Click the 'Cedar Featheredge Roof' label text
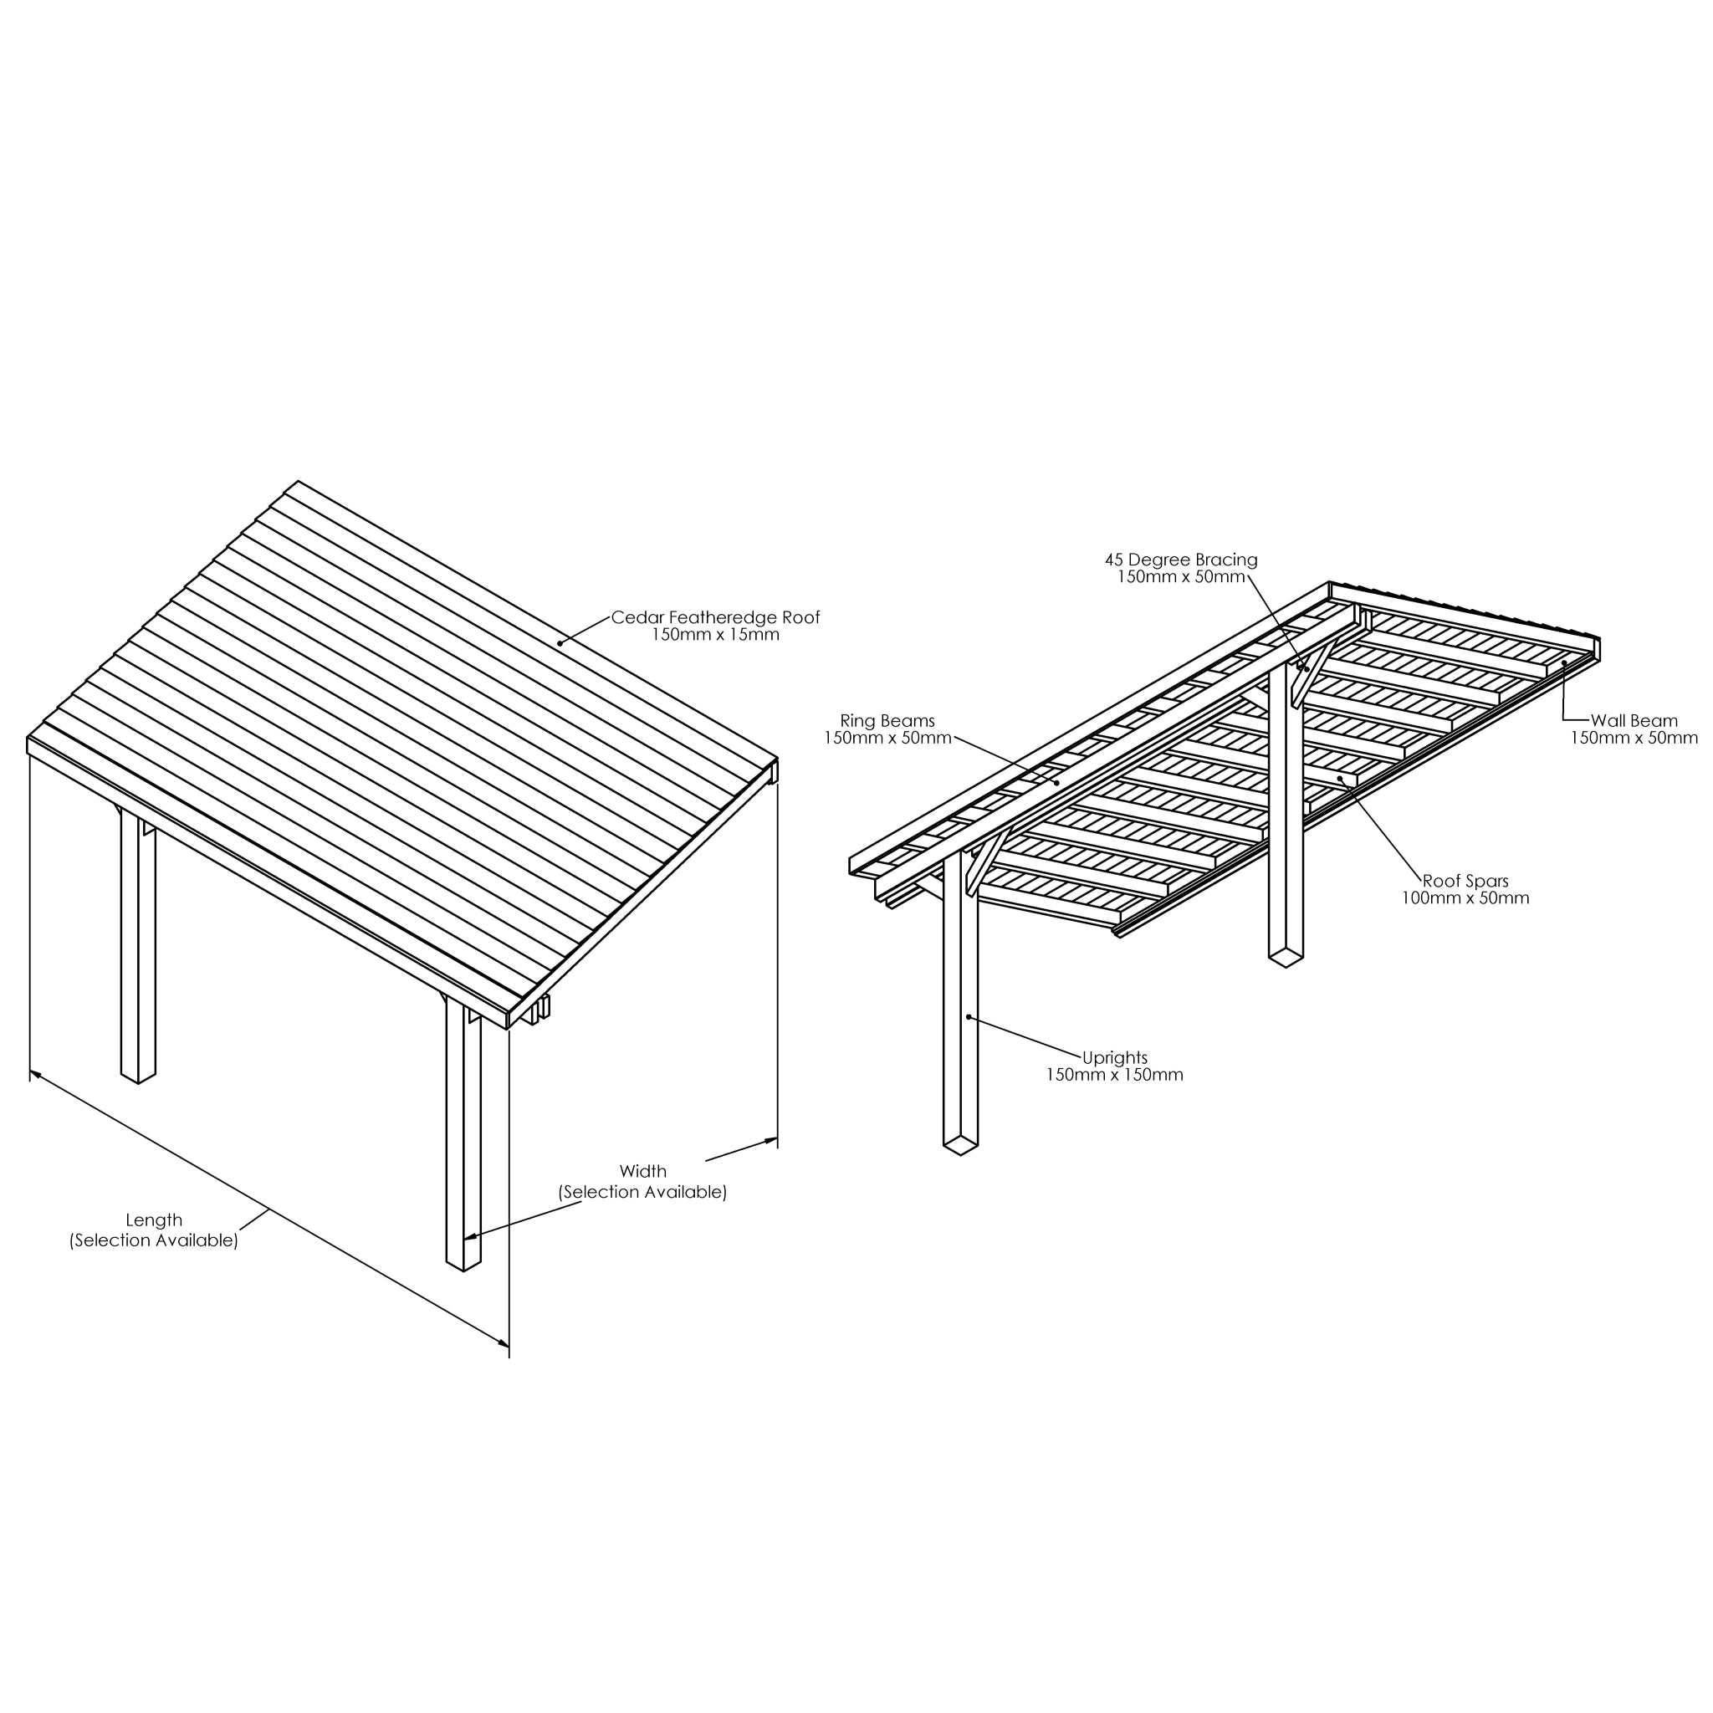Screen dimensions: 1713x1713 [x=715, y=617]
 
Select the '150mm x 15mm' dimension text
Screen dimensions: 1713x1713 [x=715, y=635]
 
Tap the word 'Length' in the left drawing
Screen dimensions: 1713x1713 [x=153, y=1220]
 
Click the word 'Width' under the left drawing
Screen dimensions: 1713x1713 [x=643, y=1171]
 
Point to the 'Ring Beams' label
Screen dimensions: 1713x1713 [x=887, y=721]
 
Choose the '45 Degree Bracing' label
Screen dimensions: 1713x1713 [x=1181, y=560]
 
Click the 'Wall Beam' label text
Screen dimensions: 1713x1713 [x=1634, y=721]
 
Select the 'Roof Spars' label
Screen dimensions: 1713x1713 [x=1465, y=881]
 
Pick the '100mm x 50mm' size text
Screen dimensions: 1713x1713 [x=1465, y=897]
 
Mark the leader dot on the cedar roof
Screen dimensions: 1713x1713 [x=560, y=644]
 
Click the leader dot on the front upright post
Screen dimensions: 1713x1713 [x=969, y=1017]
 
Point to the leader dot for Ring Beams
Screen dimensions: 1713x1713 [x=1057, y=783]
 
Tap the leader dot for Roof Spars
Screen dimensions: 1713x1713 [x=1341, y=779]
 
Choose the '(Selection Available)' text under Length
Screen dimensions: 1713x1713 [x=153, y=1240]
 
